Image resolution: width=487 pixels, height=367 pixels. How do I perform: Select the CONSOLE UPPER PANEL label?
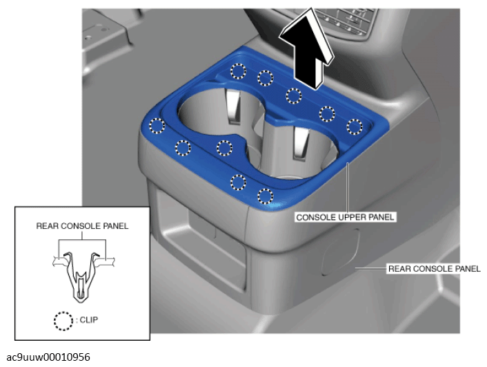pyautogui.click(x=345, y=217)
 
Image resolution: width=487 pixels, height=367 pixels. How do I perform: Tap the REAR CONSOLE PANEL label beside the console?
pyautogui.click(x=434, y=269)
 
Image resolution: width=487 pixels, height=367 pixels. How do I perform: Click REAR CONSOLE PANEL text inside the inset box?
pyautogui.click(x=82, y=226)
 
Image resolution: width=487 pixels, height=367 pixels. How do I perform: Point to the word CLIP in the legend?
pyautogui.click(x=89, y=320)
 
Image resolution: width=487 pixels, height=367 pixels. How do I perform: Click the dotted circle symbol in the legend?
pyautogui.click(x=63, y=321)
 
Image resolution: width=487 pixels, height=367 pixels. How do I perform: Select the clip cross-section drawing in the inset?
pyautogui.click(x=83, y=276)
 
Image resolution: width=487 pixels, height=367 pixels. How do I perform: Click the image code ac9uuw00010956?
pyautogui.click(x=48, y=357)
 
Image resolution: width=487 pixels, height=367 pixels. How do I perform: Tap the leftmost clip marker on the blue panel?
pyautogui.click(x=157, y=126)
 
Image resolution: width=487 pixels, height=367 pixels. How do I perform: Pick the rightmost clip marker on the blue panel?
pyautogui.click(x=355, y=126)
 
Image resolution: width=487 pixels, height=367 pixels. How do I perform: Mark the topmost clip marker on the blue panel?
pyautogui.click(x=239, y=71)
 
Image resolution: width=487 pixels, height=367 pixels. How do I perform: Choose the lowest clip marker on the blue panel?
pyautogui.click(x=266, y=196)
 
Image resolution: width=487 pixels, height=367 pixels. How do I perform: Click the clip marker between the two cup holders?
pyautogui.click(x=224, y=148)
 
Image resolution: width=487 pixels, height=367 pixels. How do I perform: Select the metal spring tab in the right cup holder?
pyautogui.click(x=301, y=144)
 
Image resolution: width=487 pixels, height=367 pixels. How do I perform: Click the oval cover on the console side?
pyautogui.click(x=341, y=252)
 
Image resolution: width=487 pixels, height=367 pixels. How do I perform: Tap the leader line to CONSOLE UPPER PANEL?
pyautogui.click(x=348, y=187)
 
